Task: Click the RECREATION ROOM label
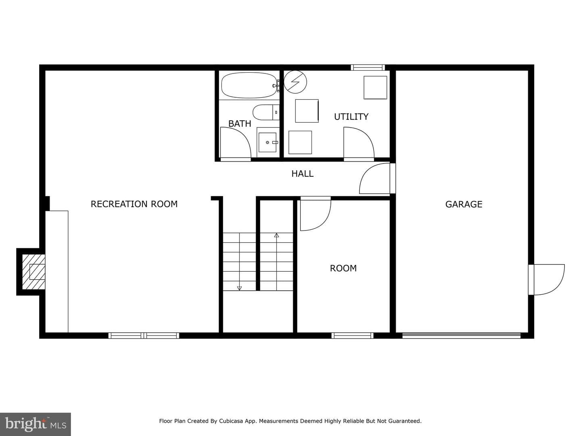click(x=134, y=204)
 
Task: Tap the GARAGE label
click(x=464, y=204)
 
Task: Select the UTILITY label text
click(x=351, y=117)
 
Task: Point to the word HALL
click(x=302, y=174)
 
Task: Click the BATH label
click(x=240, y=124)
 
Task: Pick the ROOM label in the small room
click(x=343, y=268)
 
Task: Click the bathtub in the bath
click(x=249, y=85)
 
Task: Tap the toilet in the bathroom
click(x=266, y=112)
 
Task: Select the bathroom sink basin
click(x=268, y=143)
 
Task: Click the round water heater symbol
click(x=295, y=82)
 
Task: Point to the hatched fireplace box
click(x=33, y=272)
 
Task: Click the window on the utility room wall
click(x=368, y=67)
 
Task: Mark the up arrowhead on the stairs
click(x=277, y=235)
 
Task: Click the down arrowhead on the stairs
click(x=239, y=288)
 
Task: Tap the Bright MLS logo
click(x=36, y=424)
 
